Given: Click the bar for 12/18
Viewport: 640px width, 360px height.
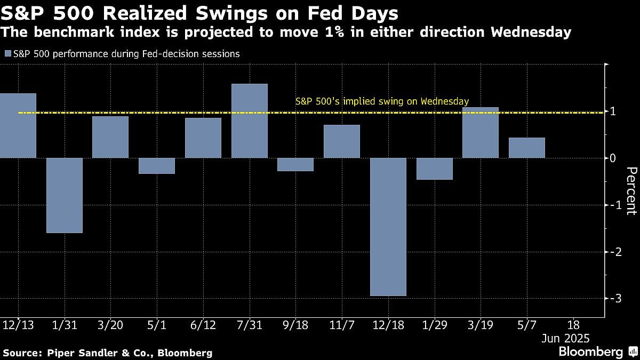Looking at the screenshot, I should tap(388, 227).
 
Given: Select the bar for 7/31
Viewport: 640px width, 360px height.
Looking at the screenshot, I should tap(249, 121).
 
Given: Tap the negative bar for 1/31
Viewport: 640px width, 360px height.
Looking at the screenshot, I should tap(65, 195).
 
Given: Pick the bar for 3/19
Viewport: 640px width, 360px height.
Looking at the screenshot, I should tap(480, 132).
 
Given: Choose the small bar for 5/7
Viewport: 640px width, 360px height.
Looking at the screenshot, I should tap(526, 148).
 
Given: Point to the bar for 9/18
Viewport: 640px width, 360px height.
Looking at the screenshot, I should tap(295, 164).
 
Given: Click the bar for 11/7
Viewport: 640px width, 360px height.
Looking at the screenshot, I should tap(341, 141).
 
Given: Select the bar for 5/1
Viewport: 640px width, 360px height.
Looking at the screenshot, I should tap(157, 166).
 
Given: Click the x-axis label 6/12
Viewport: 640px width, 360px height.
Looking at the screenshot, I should tap(203, 325).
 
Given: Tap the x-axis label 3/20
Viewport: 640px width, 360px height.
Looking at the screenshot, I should tap(110, 325).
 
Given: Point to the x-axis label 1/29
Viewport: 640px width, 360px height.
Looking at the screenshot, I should tap(434, 325).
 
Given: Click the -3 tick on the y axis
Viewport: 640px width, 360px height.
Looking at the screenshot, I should tap(613, 299).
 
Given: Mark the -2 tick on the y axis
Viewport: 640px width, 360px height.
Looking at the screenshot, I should tap(613, 252).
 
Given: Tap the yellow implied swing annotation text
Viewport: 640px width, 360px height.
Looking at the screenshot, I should tap(382, 101).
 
